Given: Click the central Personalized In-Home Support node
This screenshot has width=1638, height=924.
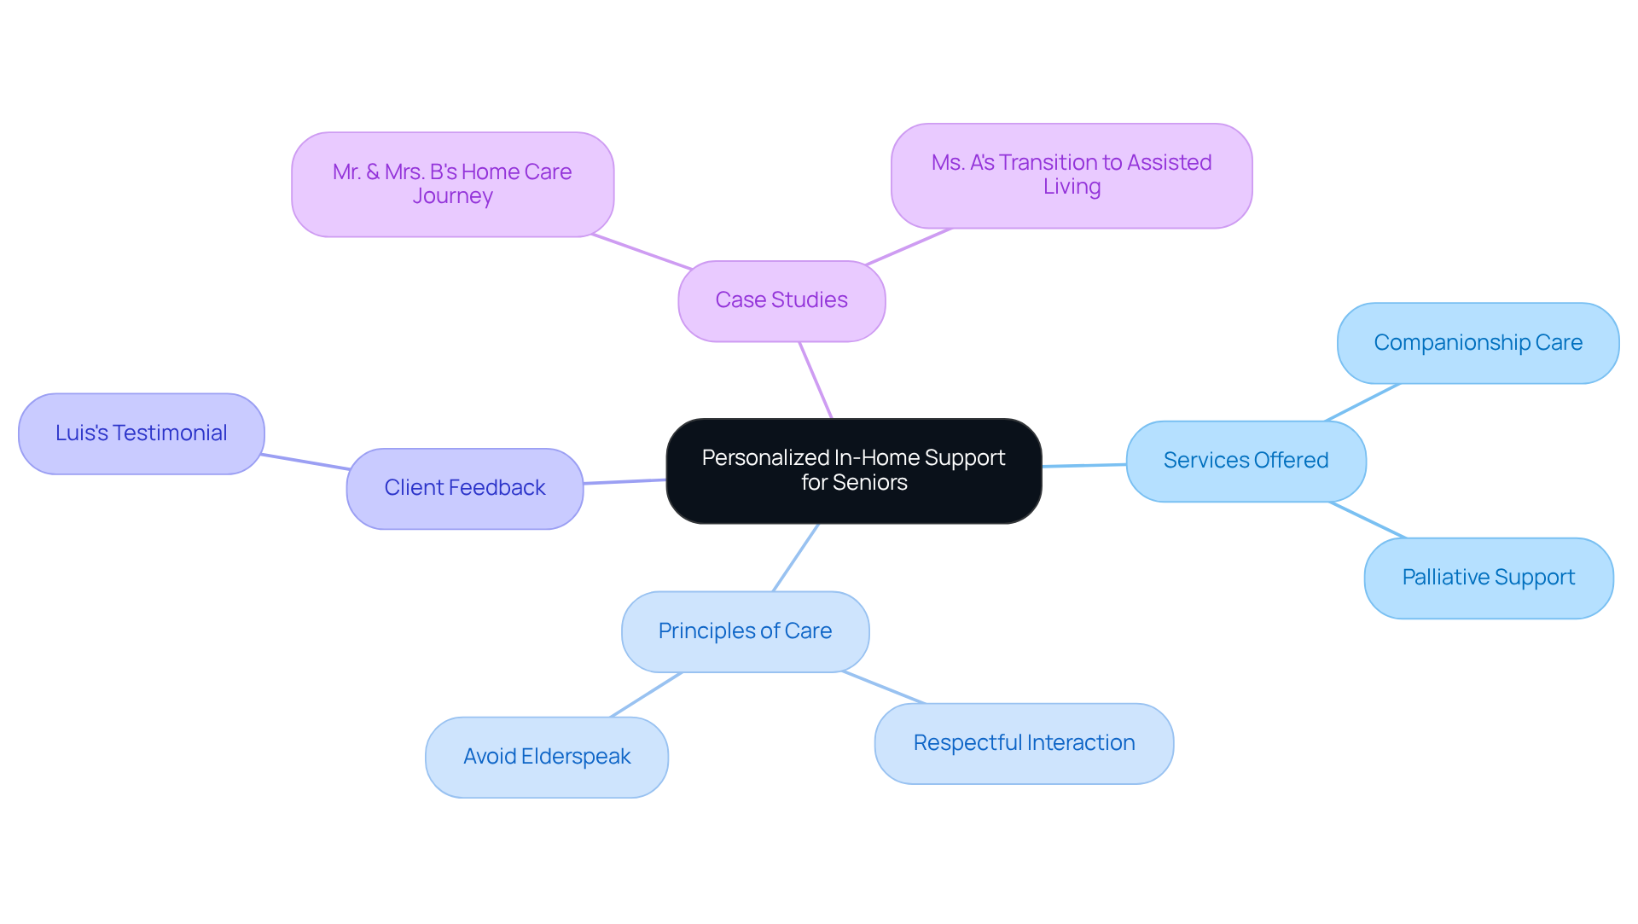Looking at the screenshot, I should (x=853, y=470).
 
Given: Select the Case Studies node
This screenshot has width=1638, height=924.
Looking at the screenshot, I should (x=781, y=300).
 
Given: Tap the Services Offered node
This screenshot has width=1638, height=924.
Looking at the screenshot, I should (x=1246, y=461).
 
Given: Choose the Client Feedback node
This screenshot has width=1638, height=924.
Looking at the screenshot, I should (x=464, y=488).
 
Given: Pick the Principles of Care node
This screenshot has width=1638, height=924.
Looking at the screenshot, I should (x=745, y=631).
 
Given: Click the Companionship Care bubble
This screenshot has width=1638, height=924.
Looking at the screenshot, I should (x=1478, y=343).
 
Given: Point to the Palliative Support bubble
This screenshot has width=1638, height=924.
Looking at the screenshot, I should (x=1488, y=578).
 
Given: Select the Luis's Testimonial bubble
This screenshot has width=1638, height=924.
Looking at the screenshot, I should (x=142, y=433).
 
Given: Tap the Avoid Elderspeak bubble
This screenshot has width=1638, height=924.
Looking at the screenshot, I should (x=547, y=757).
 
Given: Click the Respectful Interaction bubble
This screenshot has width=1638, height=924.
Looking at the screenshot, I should (x=1024, y=743).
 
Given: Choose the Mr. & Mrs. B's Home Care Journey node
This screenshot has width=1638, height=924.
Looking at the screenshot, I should (x=452, y=183).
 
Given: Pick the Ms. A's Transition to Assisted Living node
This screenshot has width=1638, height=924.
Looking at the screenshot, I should (x=1072, y=175).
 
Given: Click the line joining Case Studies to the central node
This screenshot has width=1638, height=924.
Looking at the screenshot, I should (x=816, y=380).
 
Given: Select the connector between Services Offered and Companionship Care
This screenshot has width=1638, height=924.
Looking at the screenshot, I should (x=1363, y=402).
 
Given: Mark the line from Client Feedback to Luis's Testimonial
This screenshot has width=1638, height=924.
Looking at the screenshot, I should (x=305, y=462).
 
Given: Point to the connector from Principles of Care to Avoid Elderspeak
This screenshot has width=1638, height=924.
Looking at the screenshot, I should (x=646, y=694).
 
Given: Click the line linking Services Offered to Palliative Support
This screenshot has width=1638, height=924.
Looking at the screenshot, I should (x=1368, y=520).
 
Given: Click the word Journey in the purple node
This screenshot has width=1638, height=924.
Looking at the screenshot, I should (x=452, y=196).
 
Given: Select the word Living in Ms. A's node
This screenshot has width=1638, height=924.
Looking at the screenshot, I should (x=1072, y=187).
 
